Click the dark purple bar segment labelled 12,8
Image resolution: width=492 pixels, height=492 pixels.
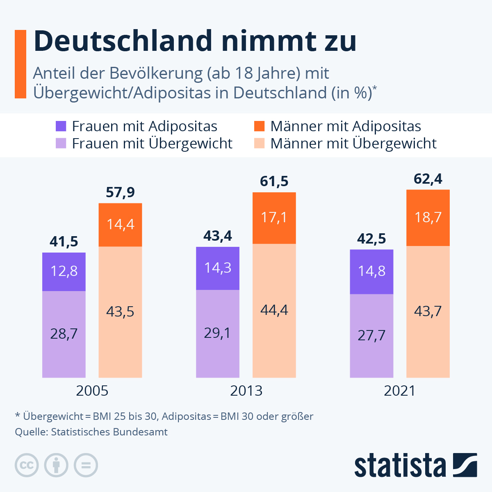64,271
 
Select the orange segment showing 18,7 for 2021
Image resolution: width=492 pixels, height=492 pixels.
428,217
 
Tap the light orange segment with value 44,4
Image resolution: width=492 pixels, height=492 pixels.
274,310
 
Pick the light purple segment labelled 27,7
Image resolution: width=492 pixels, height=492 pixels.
371,335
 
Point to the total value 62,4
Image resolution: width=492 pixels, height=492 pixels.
428,179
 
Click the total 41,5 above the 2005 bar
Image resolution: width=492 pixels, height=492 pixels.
64,242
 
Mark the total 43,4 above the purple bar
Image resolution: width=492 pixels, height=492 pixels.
218,236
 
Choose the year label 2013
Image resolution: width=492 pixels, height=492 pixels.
246,391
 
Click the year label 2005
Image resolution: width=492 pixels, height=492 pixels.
92,391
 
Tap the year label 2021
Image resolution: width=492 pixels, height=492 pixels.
400,391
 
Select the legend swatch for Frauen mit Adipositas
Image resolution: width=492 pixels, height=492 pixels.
61,126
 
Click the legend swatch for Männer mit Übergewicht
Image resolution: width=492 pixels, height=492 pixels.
260,143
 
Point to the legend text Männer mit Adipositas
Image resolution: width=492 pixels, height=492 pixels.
346,126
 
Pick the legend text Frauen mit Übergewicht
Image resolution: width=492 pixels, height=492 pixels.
152,143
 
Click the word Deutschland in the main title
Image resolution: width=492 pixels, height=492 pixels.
123,41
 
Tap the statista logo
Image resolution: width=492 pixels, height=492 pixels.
415,465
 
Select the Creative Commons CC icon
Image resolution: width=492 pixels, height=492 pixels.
27,465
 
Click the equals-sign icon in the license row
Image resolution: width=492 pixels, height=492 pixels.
86,465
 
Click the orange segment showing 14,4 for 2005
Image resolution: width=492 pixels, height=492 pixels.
121,224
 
